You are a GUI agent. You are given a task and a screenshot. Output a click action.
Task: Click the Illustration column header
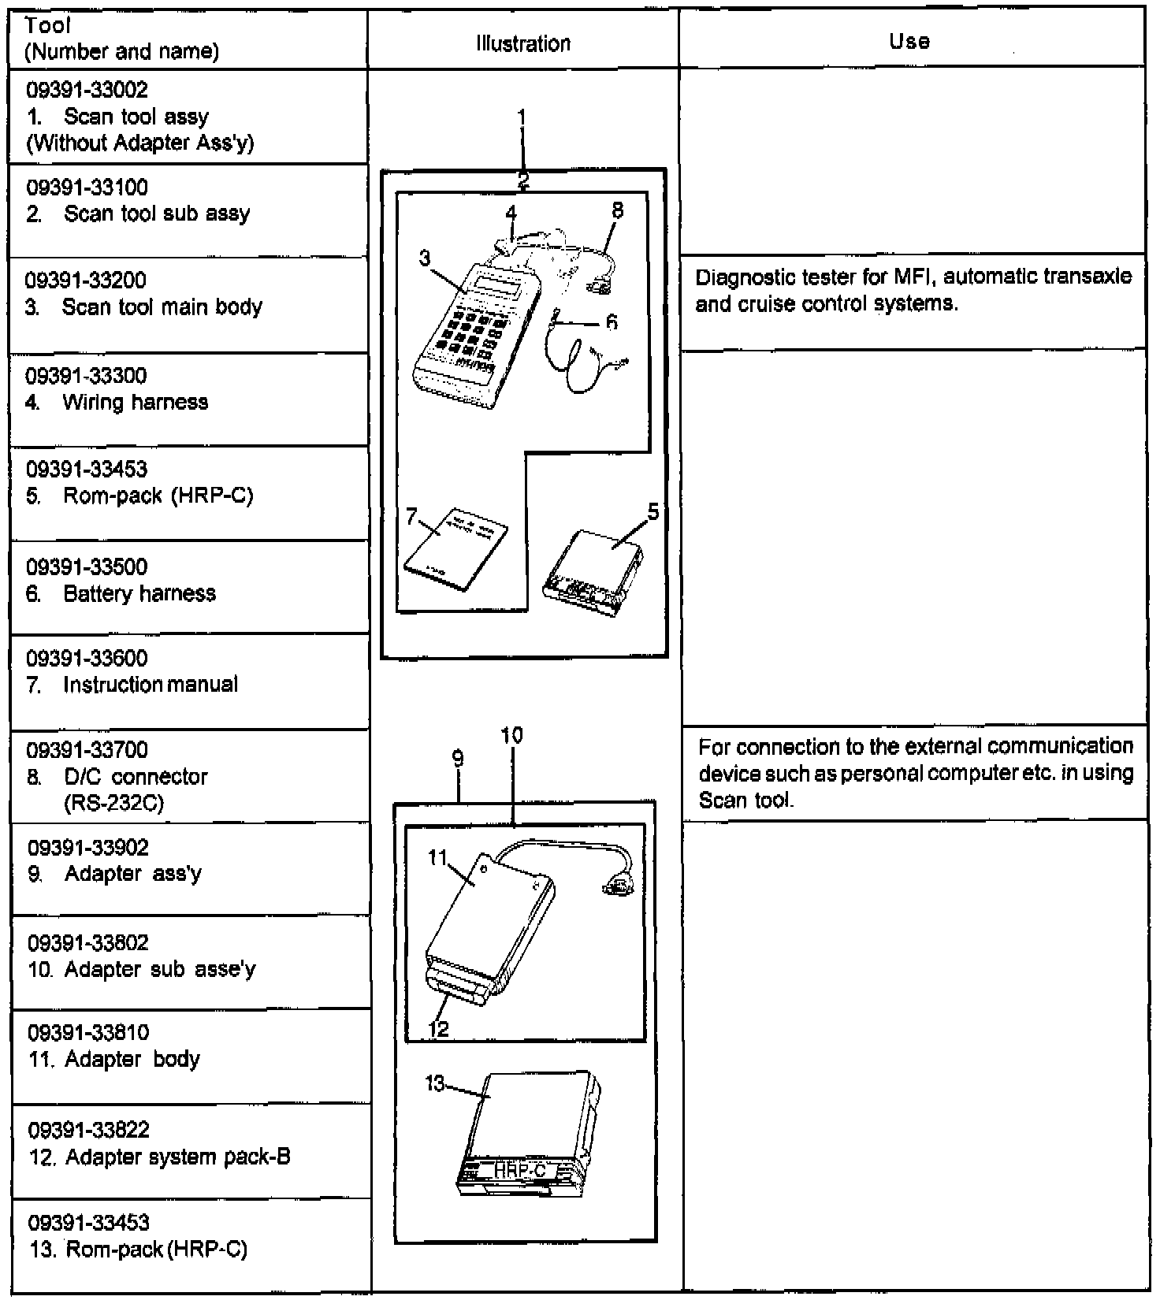(x=523, y=43)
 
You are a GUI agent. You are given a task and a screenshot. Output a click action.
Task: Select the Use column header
(x=909, y=41)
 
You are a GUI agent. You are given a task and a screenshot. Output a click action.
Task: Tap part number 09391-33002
(x=87, y=90)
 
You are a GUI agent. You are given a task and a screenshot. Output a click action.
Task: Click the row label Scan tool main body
(x=162, y=306)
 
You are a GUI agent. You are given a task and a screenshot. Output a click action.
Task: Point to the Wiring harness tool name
(x=136, y=402)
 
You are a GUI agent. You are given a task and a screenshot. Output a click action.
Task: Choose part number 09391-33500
(x=87, y=566)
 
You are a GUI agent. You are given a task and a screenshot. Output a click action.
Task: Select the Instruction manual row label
(x=151, y=684)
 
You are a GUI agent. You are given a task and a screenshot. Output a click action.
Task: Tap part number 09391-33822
(x=88, y=1129)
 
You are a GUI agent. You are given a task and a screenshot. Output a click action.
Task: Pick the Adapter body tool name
(x=132, y=1059)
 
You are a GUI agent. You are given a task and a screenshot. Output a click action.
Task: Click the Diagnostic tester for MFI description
(x=913, y=290)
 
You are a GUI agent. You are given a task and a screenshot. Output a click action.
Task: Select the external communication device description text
(x=916, y=773)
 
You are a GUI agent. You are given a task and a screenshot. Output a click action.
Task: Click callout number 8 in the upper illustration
(x=617, y=210)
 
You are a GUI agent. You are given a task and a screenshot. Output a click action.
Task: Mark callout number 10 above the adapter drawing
(x=511, y=735)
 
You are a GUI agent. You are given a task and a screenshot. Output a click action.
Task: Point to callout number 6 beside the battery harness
(x=612, y=321)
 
